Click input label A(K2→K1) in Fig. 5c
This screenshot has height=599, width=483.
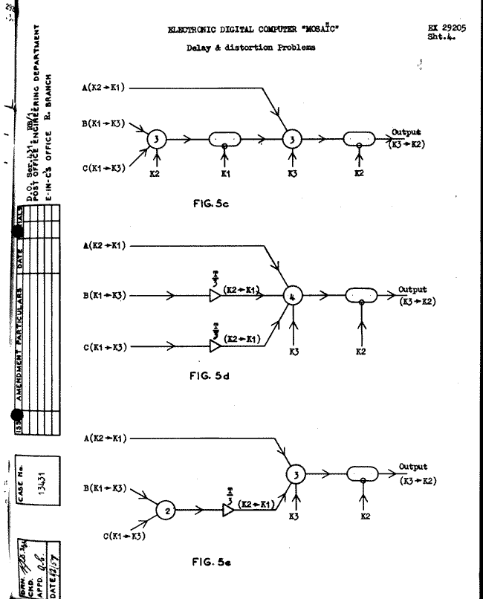point(104,87)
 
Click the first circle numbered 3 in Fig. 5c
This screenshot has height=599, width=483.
point(157,137)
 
